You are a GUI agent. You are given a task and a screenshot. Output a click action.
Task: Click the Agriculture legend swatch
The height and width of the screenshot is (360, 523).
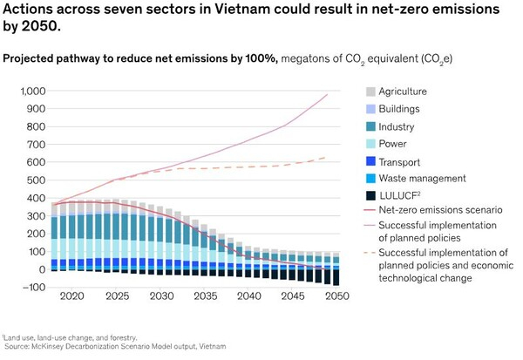point(371,92)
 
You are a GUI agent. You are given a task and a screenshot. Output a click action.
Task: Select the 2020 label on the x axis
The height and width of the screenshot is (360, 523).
point(72,297)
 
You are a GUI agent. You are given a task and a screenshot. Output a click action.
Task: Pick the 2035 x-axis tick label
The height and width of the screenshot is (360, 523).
point(203,297)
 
